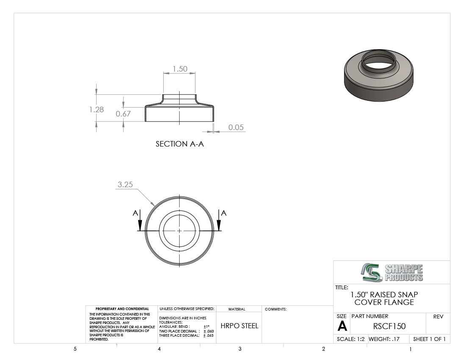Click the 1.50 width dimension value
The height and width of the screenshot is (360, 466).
tap(180, 69)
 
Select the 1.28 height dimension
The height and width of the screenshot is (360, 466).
tap(97, 110)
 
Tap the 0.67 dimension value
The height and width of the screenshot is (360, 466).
tap(123, 114)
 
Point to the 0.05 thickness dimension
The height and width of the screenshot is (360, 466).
tap(236, 127)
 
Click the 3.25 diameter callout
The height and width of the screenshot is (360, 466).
tap(125, 185)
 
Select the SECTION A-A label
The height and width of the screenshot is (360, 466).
tap(180, 144)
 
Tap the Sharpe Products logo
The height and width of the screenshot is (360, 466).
tap(392, 272)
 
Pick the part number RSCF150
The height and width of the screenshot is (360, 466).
tap(389, 327)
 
